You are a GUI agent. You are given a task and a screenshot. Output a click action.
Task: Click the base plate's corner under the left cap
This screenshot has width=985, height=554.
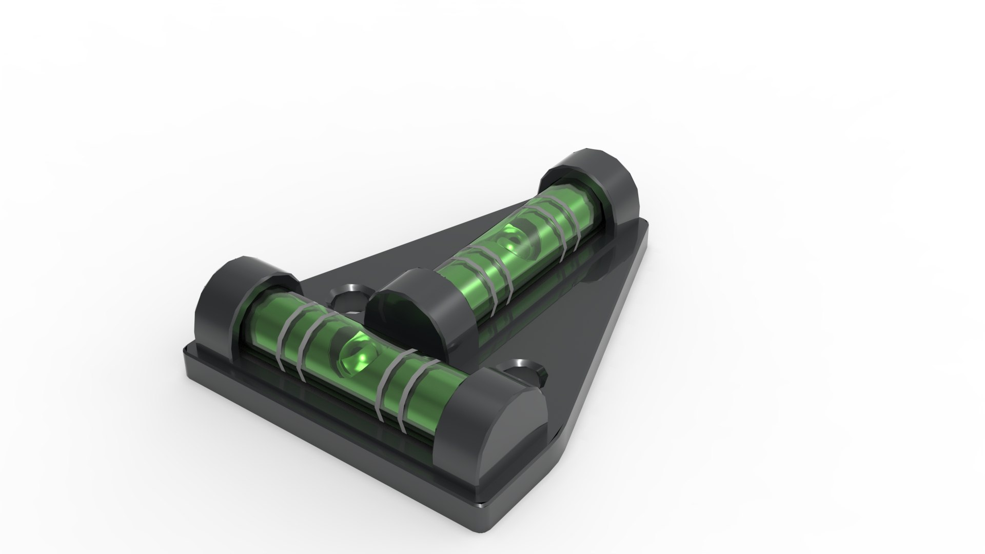pyautogui.click(x=188, y=354)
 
